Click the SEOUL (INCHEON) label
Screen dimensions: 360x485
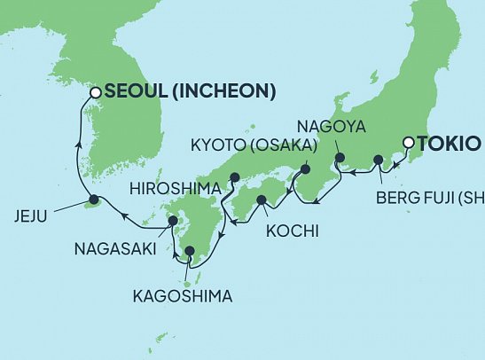click(190, 91)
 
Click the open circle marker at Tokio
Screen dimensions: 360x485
click(408, 143)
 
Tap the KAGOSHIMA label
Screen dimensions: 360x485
click(184, 296)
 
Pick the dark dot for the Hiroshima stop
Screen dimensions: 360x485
click(235, 176)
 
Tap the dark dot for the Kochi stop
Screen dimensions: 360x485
click(262, 201)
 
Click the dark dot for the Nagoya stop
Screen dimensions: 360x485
click(338, 158)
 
